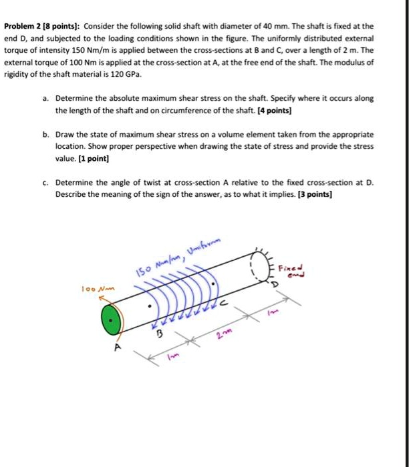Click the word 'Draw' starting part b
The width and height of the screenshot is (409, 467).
[x=64, y=134]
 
